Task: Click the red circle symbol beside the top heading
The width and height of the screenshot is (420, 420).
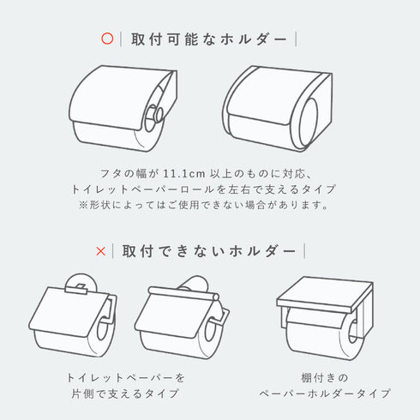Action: click(107, 39)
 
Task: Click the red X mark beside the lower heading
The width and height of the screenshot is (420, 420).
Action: click(101, 251)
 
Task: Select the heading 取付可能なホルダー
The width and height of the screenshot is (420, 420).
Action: click(209, 39)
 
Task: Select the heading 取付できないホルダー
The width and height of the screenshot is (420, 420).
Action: click(209, 251)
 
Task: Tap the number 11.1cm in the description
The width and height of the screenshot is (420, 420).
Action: click(184, 173)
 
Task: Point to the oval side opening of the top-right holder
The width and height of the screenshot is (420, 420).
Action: click(309, 122)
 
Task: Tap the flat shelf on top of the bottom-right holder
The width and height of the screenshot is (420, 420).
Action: click(325, 294)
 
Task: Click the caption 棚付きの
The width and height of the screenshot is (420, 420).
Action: click(325, 378)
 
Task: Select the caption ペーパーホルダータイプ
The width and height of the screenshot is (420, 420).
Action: click(325, 393)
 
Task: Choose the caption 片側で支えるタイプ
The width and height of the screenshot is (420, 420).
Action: click(125, 393)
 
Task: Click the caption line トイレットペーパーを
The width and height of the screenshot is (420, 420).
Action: click(126, 378)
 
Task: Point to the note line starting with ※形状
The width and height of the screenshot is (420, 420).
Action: click(203, 205)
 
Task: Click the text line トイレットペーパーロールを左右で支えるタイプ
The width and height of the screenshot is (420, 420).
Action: click(203, 189)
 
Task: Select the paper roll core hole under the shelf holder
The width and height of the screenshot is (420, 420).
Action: click(354, 332)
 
